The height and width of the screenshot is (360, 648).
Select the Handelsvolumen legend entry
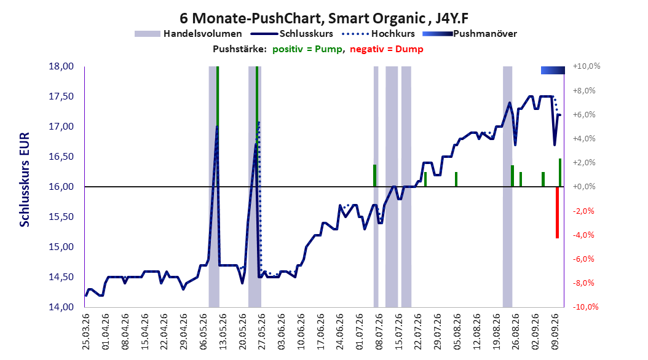188,34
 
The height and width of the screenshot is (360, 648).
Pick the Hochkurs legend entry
378,34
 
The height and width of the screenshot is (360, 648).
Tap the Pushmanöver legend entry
470,34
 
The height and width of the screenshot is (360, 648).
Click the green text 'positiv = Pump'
307,49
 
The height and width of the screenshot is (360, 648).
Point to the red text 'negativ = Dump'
387,49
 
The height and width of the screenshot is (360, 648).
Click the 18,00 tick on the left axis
61,66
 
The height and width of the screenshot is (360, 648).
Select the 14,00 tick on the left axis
61,307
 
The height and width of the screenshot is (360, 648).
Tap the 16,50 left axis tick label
61,157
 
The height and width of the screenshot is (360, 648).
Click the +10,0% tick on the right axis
586,66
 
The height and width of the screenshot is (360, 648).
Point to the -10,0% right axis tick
586,307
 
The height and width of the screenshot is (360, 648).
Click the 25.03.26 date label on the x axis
86,332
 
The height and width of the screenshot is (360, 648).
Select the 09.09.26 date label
555,332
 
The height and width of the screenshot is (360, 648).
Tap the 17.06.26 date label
321,332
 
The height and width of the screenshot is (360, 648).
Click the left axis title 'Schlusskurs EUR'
25,179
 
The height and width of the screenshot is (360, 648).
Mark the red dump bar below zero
557,213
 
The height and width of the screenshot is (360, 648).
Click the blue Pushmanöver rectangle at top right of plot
553,70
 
